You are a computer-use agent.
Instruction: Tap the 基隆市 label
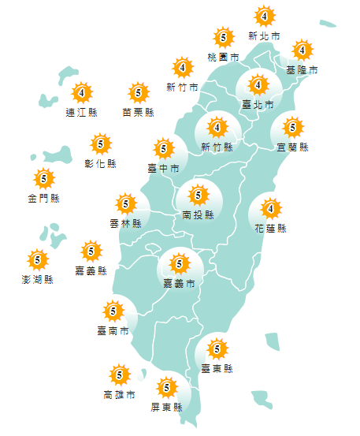(x=302, y=70)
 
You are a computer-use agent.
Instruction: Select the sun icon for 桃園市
(x=224, y=38)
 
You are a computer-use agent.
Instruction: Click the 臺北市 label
(x=258, y=104)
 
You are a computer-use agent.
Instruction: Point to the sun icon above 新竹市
(x=183, y=68)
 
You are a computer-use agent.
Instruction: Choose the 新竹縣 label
(x=217, y=147)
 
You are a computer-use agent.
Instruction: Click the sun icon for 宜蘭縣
(x=292, y=126)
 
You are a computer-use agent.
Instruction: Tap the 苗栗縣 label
(x=139, y=112)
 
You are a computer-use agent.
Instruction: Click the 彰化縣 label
(x=101, y=164)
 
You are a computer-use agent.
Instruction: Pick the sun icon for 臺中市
(x=163, y=147)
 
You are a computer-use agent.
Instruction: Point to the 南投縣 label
(x=198, y=214)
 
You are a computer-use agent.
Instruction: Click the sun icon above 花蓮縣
(x=270, y=209)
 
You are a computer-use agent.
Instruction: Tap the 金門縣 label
(x=43, y=198)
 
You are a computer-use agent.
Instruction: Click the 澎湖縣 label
(x=37, y=279)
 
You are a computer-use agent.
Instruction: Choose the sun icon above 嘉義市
(x=179, y=263)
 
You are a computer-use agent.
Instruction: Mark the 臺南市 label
(x=113, y=330)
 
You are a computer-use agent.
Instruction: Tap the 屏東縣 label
(x=166, y=407)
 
